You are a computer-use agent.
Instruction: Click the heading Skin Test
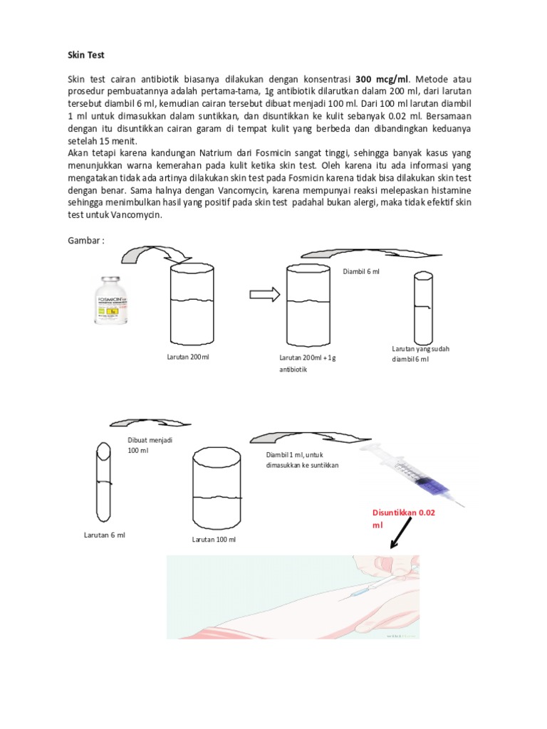pos(86,55)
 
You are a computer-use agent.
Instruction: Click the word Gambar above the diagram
pos(86,241)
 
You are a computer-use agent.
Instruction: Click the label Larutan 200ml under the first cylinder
pos(188,357)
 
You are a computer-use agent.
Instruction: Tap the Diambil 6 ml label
pos(362,271)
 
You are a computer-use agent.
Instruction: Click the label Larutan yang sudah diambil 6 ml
pos(420,354)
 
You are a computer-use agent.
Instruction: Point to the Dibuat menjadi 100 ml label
pos(150,445)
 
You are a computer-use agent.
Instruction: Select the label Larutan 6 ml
pos(104,535)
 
